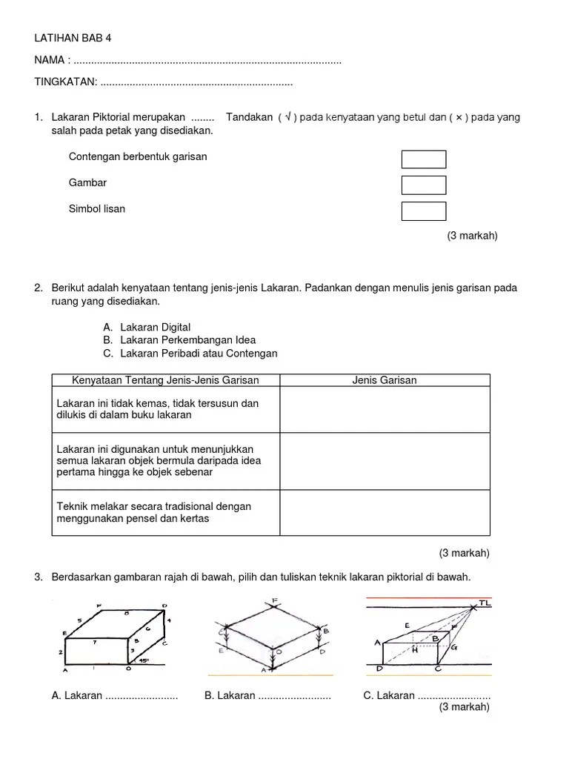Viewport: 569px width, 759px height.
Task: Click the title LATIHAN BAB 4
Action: click(72, 38)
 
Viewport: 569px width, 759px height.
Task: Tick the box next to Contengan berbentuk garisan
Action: click(424, 159)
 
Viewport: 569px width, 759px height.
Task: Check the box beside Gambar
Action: click(424, 185)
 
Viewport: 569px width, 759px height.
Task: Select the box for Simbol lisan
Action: click(424, 211)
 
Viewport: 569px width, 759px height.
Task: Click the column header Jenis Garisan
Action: click(384, 380)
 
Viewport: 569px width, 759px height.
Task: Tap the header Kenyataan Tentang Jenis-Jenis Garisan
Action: click(164, 380)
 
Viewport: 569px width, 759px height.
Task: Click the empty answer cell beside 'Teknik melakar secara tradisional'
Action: click(384, 512)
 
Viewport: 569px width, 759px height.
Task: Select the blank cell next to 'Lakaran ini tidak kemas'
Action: click(384, 409)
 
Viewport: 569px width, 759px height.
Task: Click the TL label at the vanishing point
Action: click(485, 603)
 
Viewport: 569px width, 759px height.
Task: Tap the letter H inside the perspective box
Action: click(416, 649)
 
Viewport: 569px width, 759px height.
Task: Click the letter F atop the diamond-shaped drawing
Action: click(274, 600)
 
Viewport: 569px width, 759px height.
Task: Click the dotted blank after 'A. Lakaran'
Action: click(142, 696)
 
